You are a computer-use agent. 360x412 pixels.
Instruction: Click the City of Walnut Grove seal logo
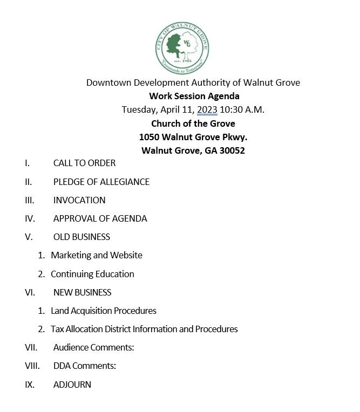coord(181,49)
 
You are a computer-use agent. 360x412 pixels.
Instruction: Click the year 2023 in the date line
coord(207,109)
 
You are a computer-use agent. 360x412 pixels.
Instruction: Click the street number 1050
coord(149,137)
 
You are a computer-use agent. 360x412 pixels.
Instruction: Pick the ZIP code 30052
coord(232,150)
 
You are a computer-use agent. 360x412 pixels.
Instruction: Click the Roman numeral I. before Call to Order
coord(28,163)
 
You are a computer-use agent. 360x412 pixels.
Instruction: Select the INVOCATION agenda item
coord(79,200)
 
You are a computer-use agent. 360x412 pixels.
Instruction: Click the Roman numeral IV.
coord(30,218)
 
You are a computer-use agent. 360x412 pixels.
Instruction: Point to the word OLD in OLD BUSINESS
coord(62,237)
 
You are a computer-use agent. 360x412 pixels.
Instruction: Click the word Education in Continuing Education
coord(115,274)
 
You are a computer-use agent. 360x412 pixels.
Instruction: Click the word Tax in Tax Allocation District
coord(57,329)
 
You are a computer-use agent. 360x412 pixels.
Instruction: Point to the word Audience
coord(71,347)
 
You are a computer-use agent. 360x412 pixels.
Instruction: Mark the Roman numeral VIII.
coord(32,366)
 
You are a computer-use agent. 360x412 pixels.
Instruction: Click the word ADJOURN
coord(72,384)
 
